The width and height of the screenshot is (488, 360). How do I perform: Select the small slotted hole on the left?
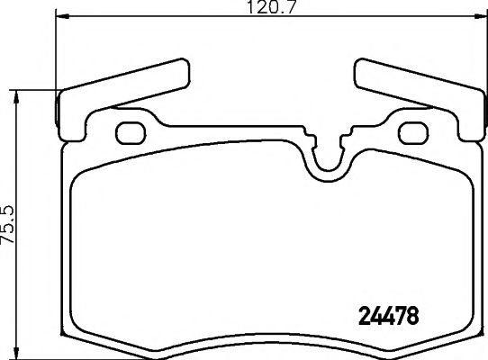[x=131, y=131]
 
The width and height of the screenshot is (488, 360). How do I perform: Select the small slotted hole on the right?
[x=415, y=131]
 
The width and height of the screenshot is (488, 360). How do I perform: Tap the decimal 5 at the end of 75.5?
[x=9, y=202]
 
